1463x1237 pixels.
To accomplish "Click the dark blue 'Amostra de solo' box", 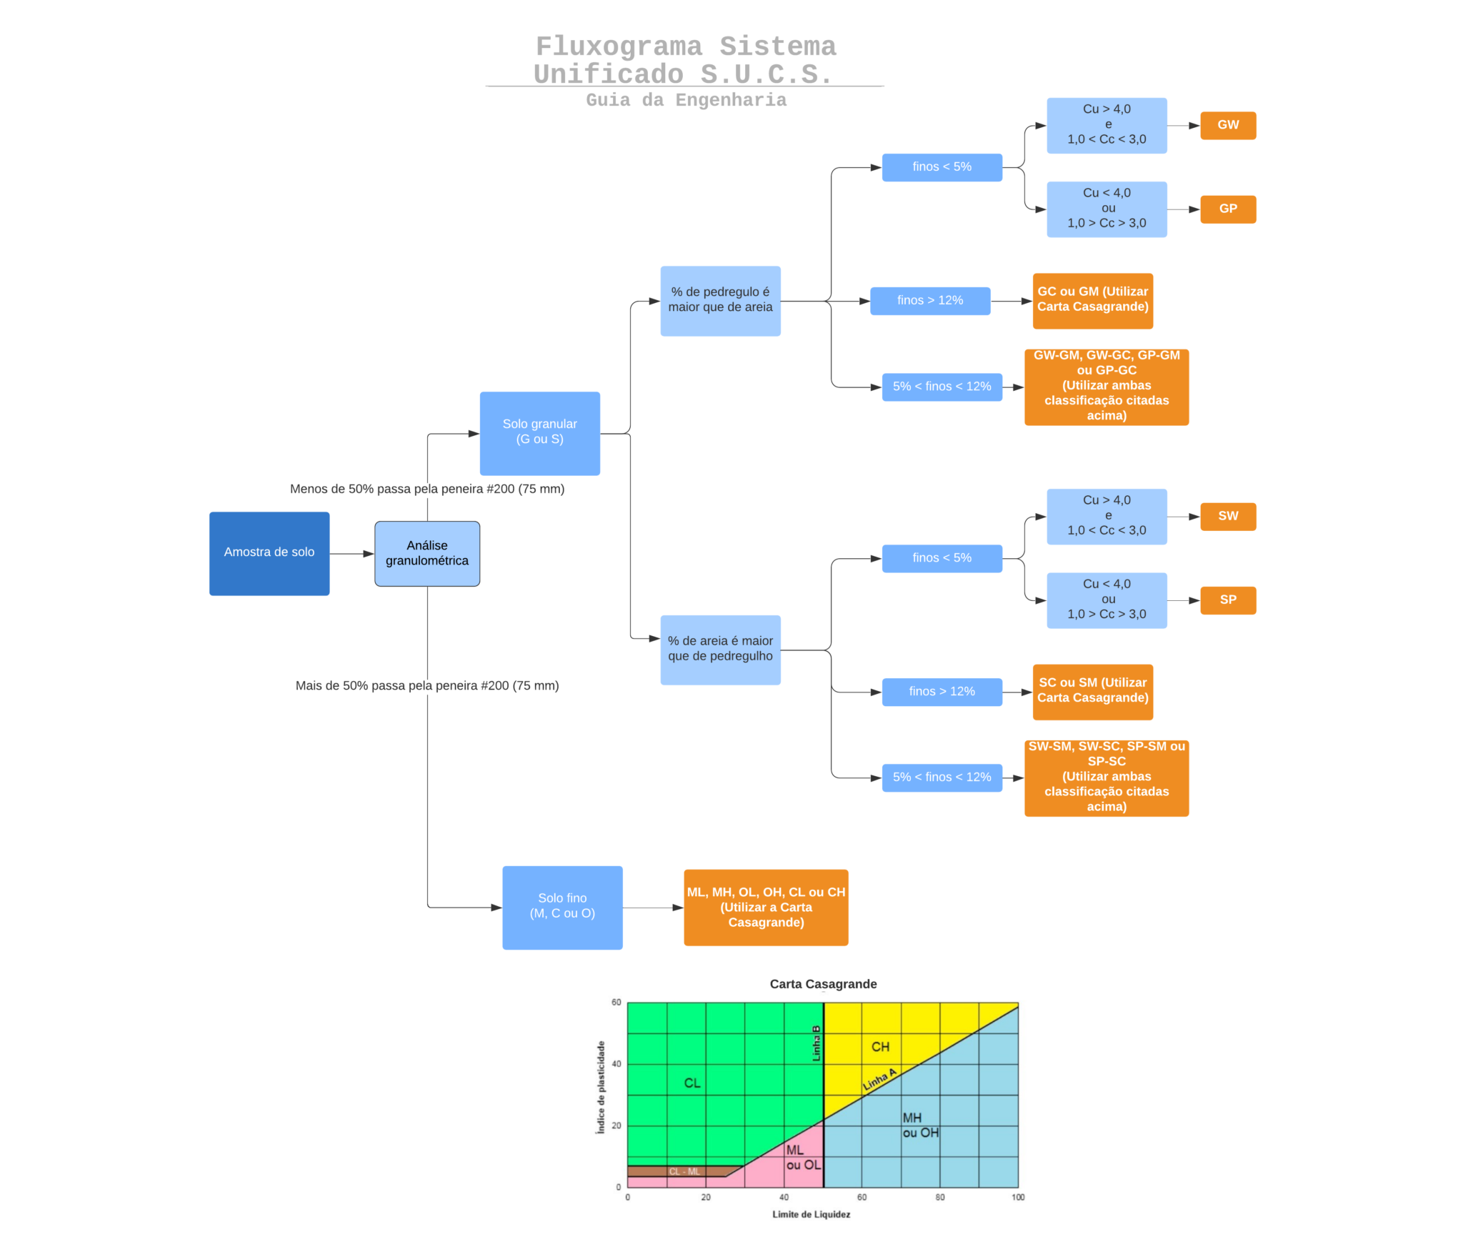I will point(269,553).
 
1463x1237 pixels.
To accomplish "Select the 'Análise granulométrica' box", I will point(426,553).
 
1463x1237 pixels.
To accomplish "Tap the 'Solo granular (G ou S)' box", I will point(539,433).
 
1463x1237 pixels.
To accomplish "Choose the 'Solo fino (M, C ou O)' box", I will point(561,907).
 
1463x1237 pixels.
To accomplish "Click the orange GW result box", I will point(1227,125).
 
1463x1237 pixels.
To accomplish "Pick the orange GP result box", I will point(1227,209).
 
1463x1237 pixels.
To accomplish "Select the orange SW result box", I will point(1227,516).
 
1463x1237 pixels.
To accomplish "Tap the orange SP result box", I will point(1227,600).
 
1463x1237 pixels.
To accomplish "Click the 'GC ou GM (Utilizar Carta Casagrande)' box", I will point(1092,300).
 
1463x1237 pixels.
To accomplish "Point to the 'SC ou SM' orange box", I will point(1092,691).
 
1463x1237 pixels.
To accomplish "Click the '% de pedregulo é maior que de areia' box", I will point(719,300).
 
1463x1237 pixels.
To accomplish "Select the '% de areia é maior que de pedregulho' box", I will point(719,649).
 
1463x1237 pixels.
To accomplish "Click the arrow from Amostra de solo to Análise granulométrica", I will point(351,554).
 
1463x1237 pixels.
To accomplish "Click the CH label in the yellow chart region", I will point(880,1047).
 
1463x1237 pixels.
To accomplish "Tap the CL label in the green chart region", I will point(692,1083).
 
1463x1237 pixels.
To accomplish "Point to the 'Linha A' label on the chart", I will point(879,1080).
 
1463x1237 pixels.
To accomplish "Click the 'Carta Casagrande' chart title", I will point(823,984).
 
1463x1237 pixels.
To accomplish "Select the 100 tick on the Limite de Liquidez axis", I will point(1017,1197).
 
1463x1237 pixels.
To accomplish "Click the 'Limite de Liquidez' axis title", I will point(811,1214).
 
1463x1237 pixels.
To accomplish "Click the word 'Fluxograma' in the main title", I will point(619,46).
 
